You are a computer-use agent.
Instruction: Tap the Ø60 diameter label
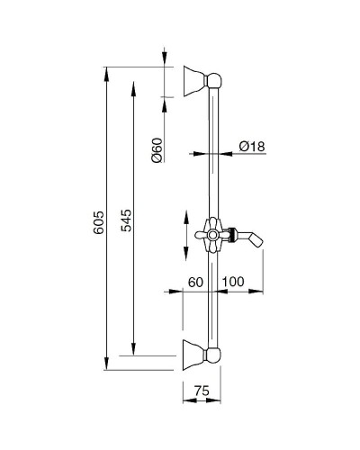point(157,149)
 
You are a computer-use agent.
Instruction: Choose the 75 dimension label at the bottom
point(202,391)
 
